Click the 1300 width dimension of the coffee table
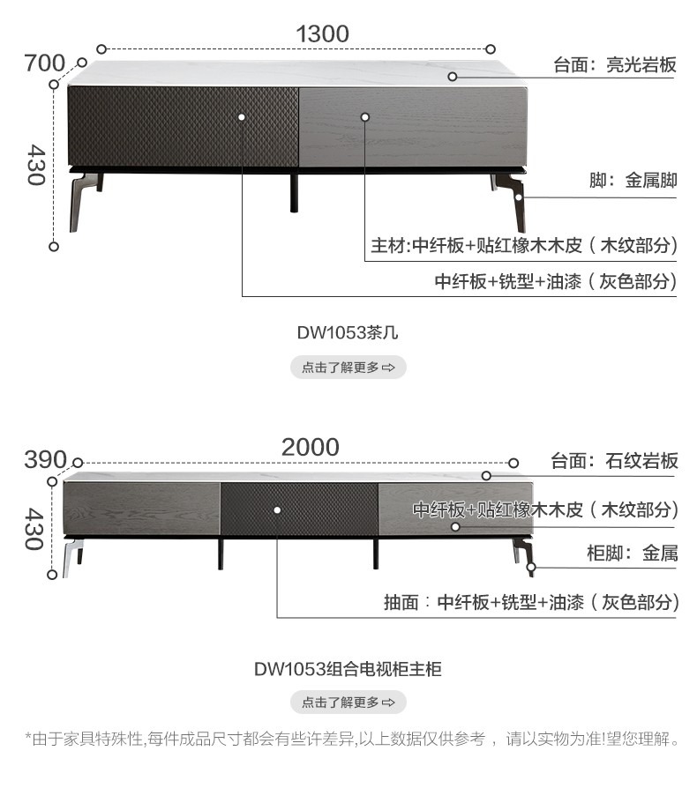pos(322,33)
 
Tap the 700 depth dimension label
pos(45,63)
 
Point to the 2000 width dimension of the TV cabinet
pos(310,447)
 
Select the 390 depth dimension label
pos(45,459)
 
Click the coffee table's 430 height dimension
pos(36,164)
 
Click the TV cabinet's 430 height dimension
pos(34,529)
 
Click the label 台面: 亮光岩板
pos(615,65)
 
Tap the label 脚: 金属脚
pos(633,181)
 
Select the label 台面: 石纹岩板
pos(614,461)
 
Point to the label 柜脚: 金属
pos(633,554)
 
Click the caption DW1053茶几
pos(348,333)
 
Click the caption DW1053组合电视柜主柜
pos(348,669)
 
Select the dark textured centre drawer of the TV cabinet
pos(299,509)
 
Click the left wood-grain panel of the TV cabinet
pos(142,509)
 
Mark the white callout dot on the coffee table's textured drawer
pos(242,117)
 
